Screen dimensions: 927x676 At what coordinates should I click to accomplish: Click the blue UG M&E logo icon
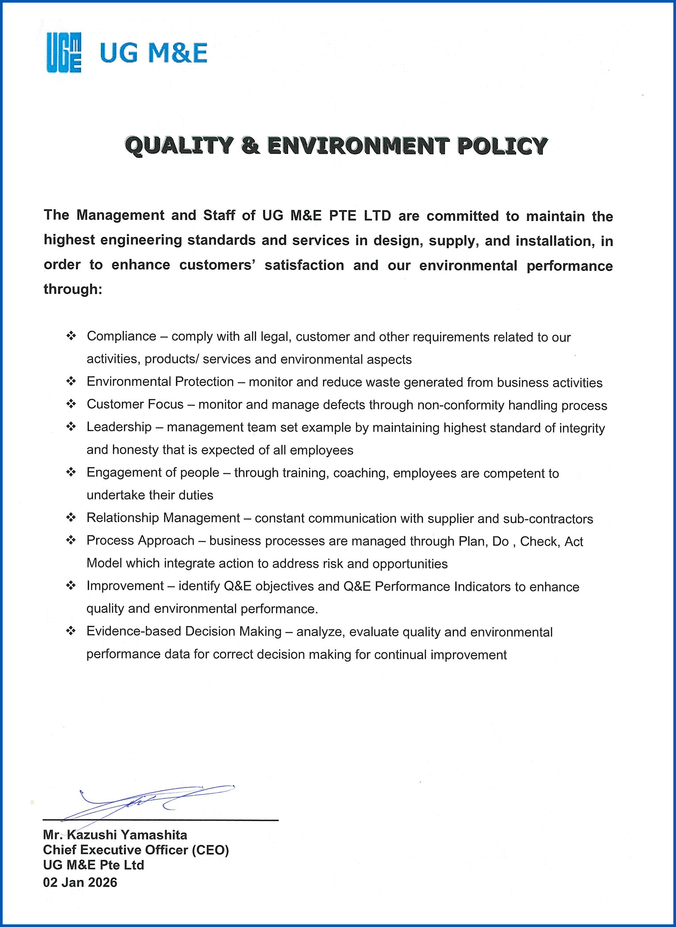click(64, 53)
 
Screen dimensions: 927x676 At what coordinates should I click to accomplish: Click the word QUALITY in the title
click(179, 146)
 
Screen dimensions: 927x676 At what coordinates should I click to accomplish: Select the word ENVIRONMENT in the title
click(358, 146)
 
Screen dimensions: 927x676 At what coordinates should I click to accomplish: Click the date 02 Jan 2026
click(80, 882)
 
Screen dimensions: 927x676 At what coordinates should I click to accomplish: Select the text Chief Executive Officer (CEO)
click(136, 850)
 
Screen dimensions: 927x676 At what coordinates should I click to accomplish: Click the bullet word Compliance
click(122, 336)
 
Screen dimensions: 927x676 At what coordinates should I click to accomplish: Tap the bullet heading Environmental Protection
click(160, 381)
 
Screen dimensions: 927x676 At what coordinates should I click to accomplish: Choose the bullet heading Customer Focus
click(135, 404)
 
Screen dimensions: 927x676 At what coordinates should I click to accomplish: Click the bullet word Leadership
click(119, 427)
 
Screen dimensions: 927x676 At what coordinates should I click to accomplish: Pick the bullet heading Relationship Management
click(163, 518)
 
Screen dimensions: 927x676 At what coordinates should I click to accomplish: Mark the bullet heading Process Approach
click(141, 540)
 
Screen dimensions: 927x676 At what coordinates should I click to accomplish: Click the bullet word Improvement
click(125, 586)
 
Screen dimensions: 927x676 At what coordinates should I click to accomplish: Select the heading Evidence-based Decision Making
click(184, 631)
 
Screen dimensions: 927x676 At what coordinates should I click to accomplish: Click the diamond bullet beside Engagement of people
click(71, 472)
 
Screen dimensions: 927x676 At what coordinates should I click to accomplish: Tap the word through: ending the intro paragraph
click(73, 289)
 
